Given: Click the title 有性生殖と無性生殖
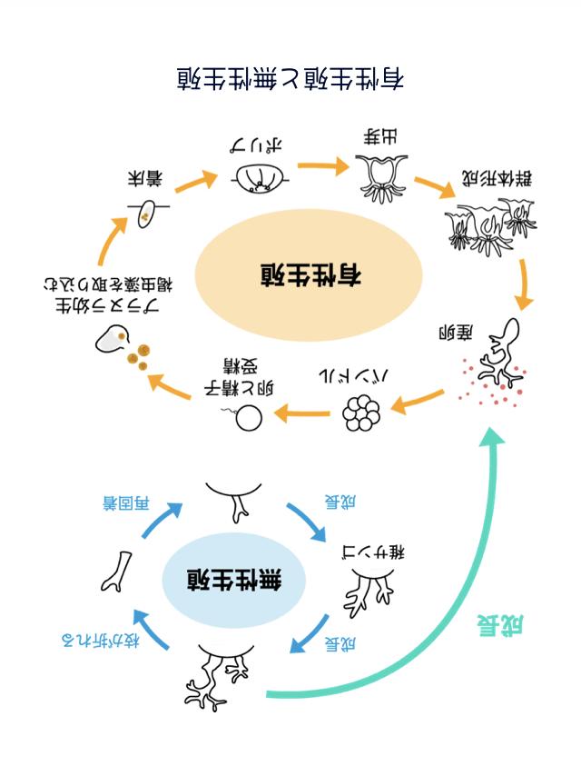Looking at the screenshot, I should coord(290,78).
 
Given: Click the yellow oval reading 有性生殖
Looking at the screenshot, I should coord(310,274).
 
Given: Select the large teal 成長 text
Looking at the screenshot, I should coord(503,626).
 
